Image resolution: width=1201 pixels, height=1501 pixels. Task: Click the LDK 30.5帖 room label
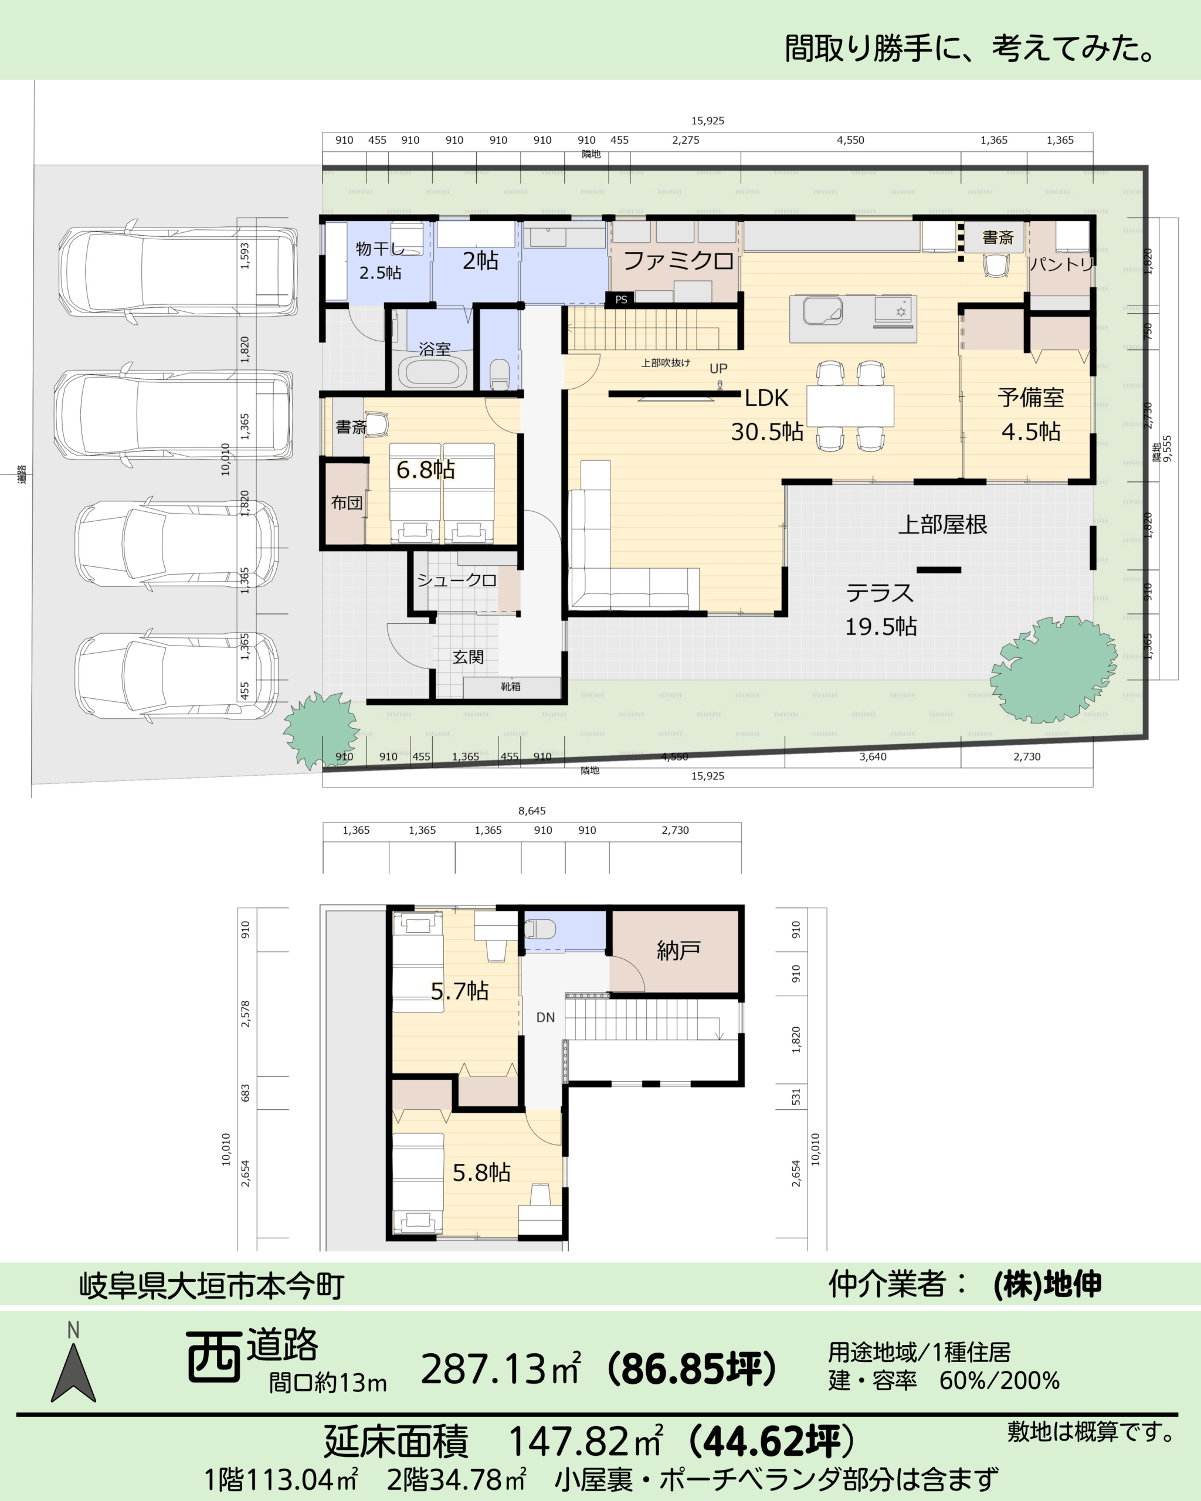pyautogui.click(x=766, y=415)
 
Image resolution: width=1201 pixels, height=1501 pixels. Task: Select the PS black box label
pyautogui.click(x=621, y=300)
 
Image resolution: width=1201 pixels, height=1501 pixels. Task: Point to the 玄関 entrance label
pyautogui.click(x=468, y=657)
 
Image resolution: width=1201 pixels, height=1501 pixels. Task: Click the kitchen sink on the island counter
pyautogui.click(x=823, y=311)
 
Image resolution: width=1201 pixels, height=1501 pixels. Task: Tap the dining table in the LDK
pyautogui.click(x=850, y=406)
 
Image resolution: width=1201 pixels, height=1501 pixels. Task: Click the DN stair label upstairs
pyautogui.click(x=546, y=1017)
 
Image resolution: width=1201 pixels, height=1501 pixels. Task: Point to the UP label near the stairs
pyautogui.click(x=718, y=368)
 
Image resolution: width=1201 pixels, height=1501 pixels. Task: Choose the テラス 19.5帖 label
pyautogui.click(x=881, y=609)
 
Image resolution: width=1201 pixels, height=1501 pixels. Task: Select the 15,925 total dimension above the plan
pyautogui.click(x=707, y=120)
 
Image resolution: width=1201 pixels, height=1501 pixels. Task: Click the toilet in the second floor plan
pyautogui.click(x=540, y=929)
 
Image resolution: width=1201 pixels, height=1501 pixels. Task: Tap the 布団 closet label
pyautogui.click(x=347, y=502)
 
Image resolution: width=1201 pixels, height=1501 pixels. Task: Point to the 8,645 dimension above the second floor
pyautogui.click(x=532, y=810)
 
